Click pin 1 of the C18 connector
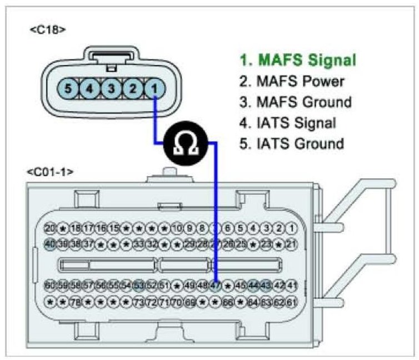pos(156,88)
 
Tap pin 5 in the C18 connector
pos(67,88)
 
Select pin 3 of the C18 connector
pos(112,88)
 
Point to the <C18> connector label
pos(48,29)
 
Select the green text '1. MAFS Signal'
pos(297,60)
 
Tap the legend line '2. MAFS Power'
pos(292,81)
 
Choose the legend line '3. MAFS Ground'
pos(295,102)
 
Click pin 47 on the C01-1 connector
pos(216,286)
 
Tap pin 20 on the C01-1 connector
pos(50,228)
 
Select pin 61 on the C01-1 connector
pos(292,302)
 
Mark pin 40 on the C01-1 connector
pos(50,243)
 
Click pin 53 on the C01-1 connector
pos(139,286)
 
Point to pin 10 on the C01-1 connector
pos(177,228)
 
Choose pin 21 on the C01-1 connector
pos(292,243)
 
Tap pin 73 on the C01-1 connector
pos(139,302)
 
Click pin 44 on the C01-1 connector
pos(254,286)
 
